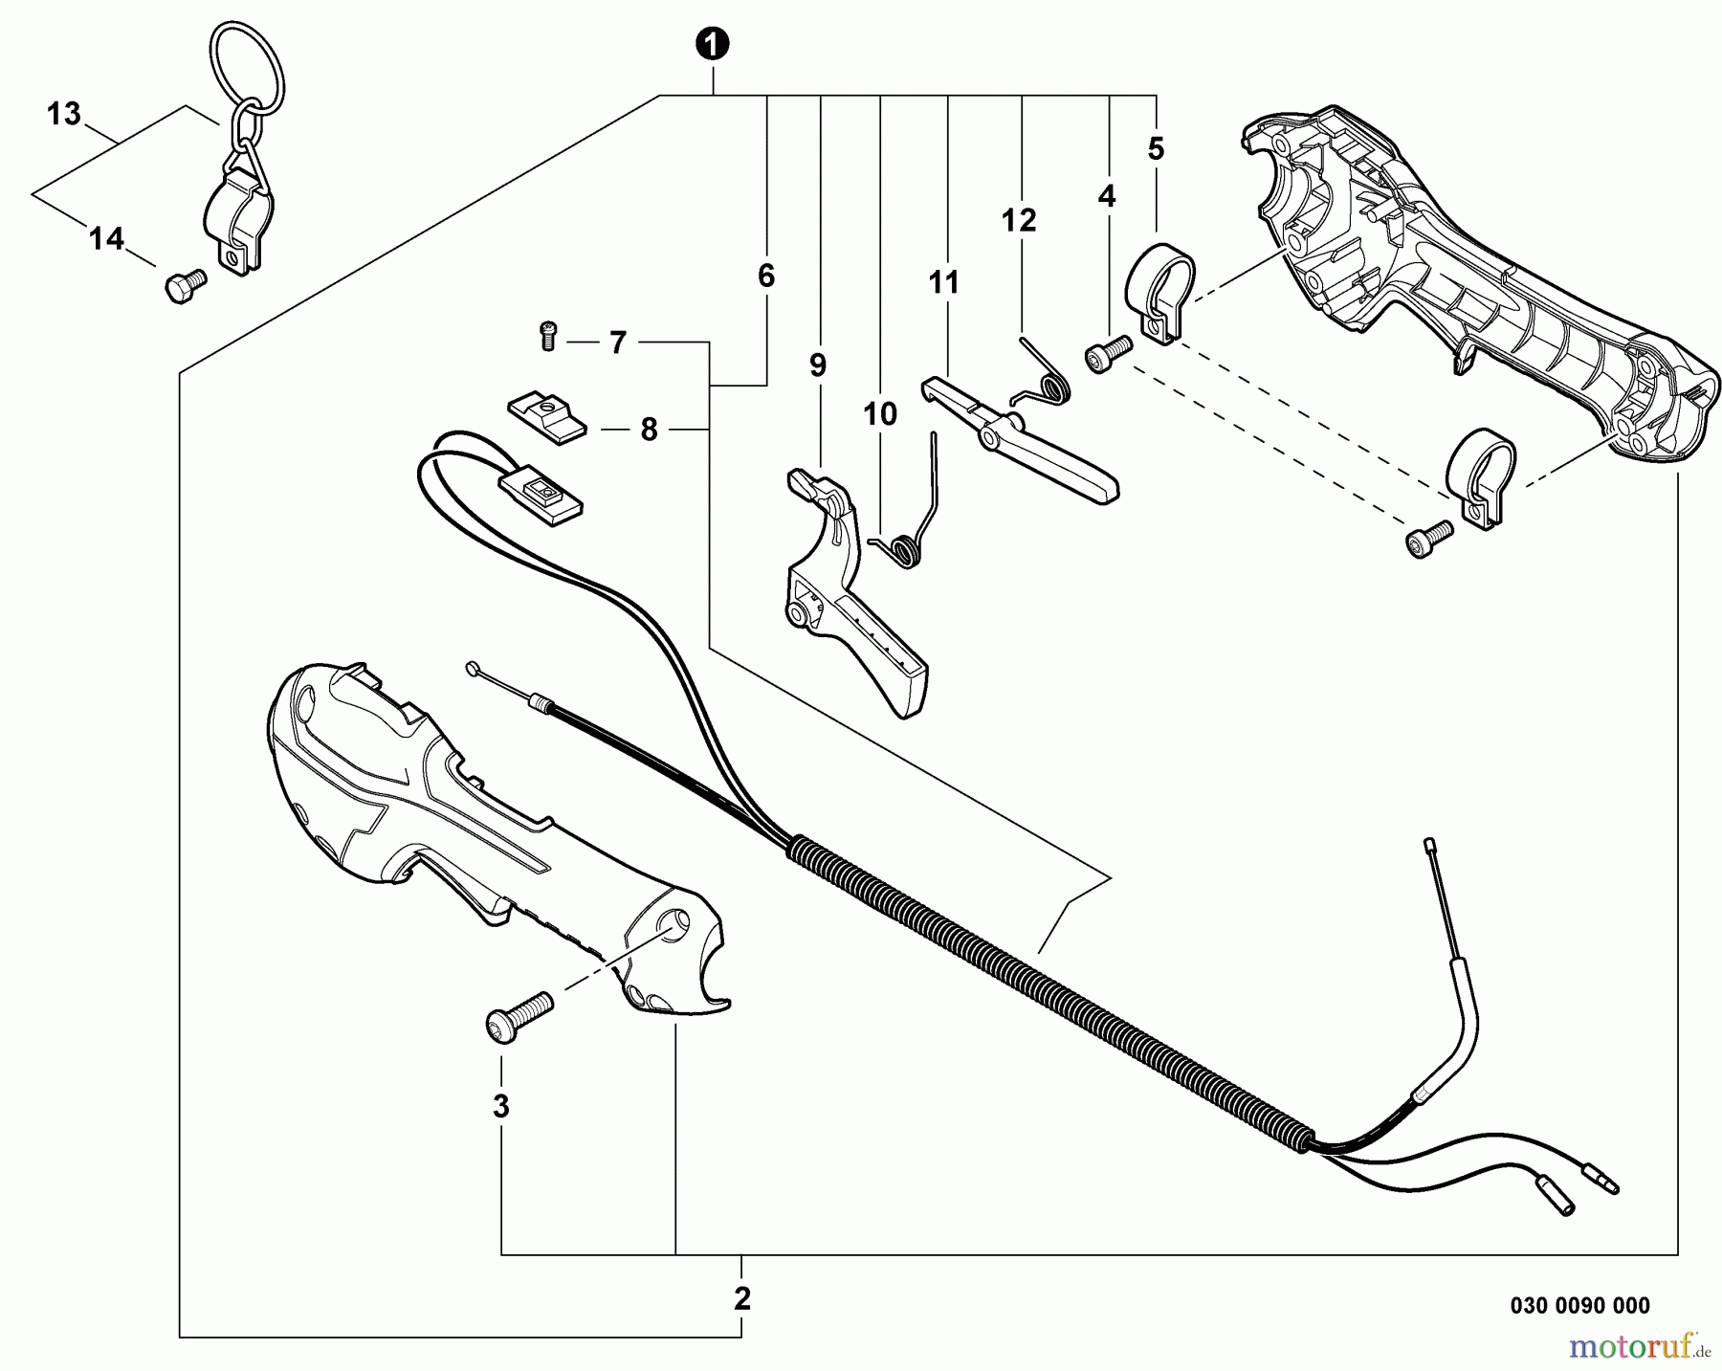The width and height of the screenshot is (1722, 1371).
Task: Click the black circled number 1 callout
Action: point(712,44)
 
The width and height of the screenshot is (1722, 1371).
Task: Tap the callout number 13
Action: point(63,114)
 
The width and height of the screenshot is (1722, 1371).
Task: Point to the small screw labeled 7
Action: point(548,336)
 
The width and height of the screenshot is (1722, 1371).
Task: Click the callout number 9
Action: point(817,365)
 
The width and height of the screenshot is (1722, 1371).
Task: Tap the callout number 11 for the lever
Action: point(943,283)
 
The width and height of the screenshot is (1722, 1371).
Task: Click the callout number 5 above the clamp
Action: point(1156,148)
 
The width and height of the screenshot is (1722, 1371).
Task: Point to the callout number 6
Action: point(765,276)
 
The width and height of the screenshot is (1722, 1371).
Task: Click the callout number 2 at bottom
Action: point(742,1298)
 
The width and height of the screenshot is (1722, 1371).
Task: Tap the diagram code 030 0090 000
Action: point(1579,1305)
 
